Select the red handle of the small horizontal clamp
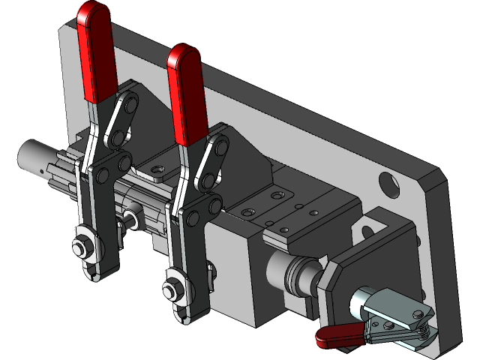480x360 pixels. tap(337, 337)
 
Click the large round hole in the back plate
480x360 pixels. tap(388, 181)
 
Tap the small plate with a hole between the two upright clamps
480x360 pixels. tap(157, 172)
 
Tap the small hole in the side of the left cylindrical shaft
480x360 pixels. tap(40, 172)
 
